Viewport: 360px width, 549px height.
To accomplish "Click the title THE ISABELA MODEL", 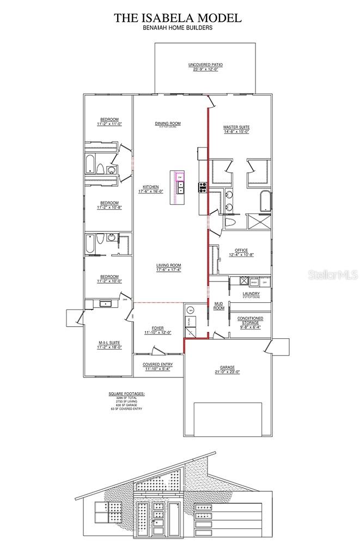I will click(178, 17).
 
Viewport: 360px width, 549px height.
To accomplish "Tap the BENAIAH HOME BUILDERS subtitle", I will click(178, 27).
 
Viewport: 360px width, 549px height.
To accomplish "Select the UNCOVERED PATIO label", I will click(205, 65).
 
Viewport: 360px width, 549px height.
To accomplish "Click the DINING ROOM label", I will click(168, 124).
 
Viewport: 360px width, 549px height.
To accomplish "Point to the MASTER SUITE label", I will click(236, 128).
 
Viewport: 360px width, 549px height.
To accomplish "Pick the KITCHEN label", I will click(151, 187).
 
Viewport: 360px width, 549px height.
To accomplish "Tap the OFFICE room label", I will click(241, 251).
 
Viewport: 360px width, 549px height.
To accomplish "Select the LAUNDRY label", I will click(251, 294).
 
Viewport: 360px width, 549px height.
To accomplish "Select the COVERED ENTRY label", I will click(157, 365).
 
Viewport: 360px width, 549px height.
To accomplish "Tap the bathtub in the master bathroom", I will click(264, 201).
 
